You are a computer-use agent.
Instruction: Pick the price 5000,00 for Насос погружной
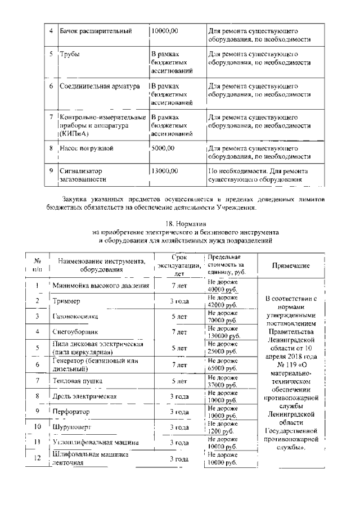pyautogui.click(x=163, y=148)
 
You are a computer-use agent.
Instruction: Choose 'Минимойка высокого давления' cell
pyautogui.click(x=101, y=285)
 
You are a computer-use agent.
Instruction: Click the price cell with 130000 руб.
pyautogui.click(x=223, y=332)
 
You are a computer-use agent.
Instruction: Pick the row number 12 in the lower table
pyautogui.click(x=37, y=459)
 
